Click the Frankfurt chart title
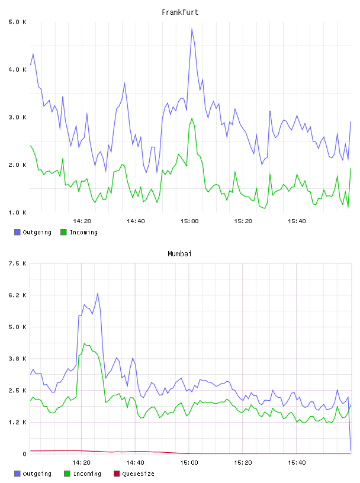click(x=180, y=12)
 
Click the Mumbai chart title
click(x=179, y=254)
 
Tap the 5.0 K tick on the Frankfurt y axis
click(x=17, y=22)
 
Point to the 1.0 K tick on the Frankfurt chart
click(x=17, y=212)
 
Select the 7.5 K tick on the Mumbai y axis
click(x=17, y=263)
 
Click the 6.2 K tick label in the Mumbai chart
click(x=17, y=295)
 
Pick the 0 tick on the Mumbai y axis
click(x=24, y=454)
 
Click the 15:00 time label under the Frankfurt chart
click(x=189, y=221)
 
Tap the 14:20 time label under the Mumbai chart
click(x=81, y=463)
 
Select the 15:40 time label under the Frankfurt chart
click(x=297, y=221)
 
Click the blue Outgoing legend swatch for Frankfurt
click(x=17, y=232)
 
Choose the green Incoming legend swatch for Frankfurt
click(x=63, y=232)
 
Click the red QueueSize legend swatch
click(x=117, y=474)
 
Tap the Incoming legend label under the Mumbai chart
click(x=87, y=474)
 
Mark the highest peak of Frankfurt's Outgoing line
click(x=192, y=28)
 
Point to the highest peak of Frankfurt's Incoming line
click(x=192, y=118)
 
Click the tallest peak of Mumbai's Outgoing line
click(x=98, y=293)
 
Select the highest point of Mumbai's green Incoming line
click(x=85, y=343)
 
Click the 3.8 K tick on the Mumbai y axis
click(x=17, y=359)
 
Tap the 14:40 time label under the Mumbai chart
click(x=136, y=463)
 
